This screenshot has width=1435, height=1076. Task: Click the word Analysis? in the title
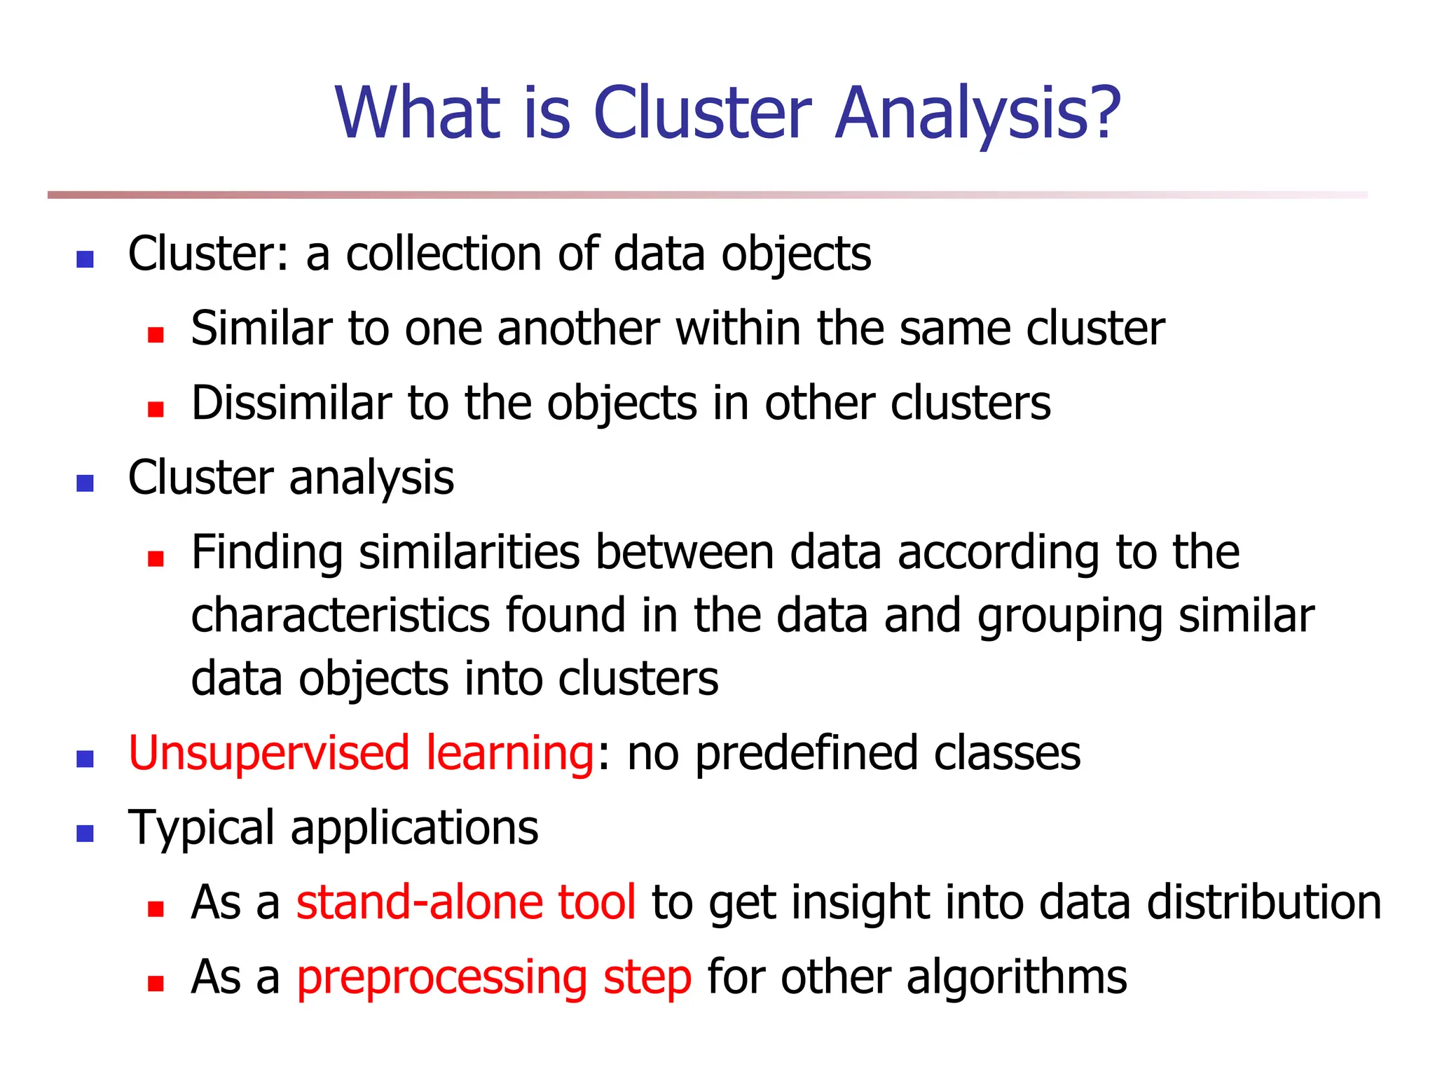(977, 113)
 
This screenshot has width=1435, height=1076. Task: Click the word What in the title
(418, 113)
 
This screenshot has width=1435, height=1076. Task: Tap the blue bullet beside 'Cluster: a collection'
(85, 260)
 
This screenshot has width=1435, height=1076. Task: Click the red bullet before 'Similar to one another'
(156, 335)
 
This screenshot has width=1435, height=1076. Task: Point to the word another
(578, 329)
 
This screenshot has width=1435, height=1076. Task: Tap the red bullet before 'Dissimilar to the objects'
(156, 409)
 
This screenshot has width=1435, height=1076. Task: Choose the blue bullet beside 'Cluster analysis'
(85, 483)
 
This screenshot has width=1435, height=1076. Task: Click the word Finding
(267, 553)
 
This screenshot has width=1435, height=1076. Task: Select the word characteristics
(341, 616)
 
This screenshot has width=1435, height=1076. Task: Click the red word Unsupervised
(269, 754)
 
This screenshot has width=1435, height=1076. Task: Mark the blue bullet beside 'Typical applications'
(85, 834)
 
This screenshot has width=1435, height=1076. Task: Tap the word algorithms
(1017, 978)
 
